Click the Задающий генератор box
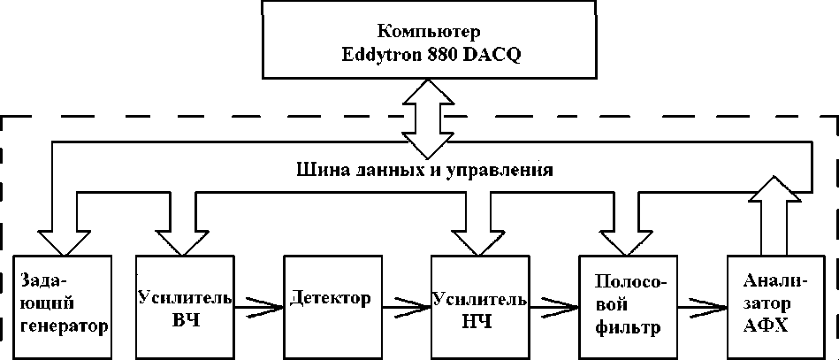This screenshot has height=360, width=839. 63,306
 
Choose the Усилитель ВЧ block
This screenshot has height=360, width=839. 184,306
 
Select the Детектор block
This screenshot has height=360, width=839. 331,306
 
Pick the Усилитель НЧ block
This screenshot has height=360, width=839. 478,306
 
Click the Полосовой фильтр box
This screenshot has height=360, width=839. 627,306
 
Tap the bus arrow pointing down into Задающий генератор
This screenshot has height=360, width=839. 64,234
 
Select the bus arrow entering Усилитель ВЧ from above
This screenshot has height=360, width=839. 181,234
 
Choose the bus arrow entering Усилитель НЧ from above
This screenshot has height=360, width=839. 478,234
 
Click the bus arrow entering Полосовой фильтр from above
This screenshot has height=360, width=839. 626,234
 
